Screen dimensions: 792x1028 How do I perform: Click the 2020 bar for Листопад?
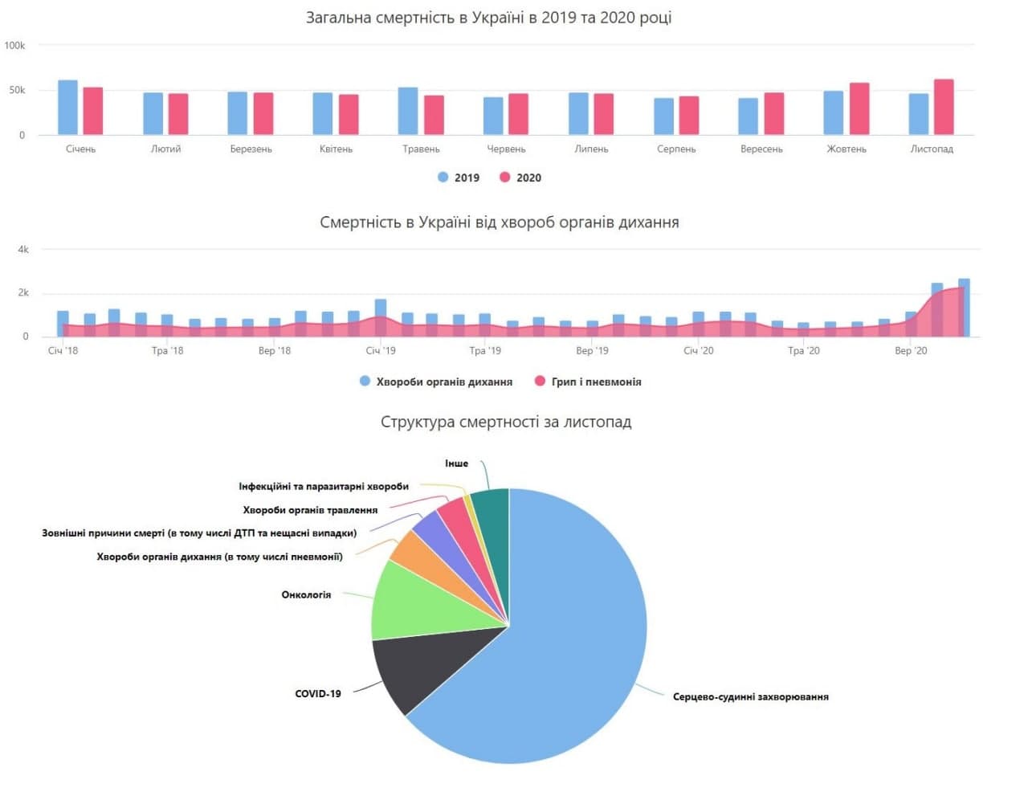tap(944, 107)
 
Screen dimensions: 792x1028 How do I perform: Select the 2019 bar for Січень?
tap(68, 108)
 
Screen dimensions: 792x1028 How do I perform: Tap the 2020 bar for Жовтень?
tap(859, 108)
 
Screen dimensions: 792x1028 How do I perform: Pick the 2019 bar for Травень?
tap(408, 111)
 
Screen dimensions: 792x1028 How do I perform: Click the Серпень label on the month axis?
tap(676, 149)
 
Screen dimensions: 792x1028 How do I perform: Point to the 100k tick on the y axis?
tap(14, 46)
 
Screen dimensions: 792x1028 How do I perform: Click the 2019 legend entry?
tap(459, 178)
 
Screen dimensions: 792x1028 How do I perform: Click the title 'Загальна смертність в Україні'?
tap(488, 18)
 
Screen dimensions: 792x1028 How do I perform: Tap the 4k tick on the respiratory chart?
tap(23, 250)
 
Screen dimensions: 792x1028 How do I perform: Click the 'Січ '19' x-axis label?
tap(381, 350)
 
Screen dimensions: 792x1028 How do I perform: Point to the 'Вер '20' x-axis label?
tap(911, 350)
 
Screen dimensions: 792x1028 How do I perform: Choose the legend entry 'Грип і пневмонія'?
tap(588, 382)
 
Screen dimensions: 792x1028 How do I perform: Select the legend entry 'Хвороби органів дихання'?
tap(436, 382)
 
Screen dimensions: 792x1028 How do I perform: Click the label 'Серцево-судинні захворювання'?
tap(750, 696)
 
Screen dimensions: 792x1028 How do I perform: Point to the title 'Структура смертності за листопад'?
tap(506, 422)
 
